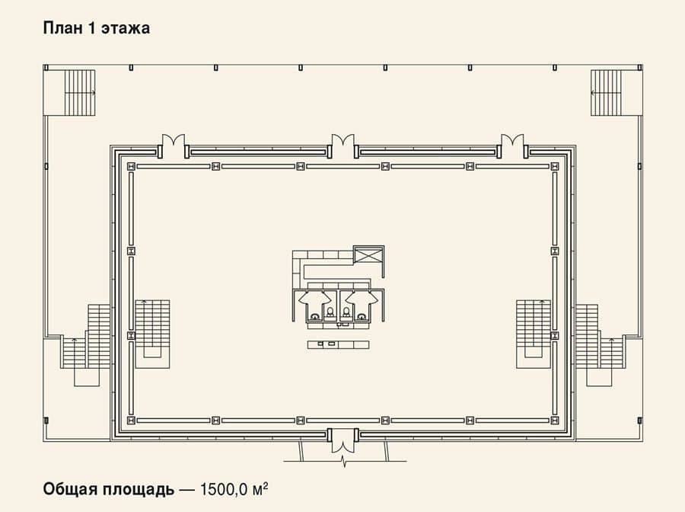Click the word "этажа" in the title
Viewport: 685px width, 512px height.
click(126, 29)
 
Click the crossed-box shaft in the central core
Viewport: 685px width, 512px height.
click(368, 254)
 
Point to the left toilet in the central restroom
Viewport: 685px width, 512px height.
click(330, 312)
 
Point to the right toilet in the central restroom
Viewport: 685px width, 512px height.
click(346, 312)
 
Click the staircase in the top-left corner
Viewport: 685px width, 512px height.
click(80, 93)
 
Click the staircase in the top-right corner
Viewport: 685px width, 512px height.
click(606, 93)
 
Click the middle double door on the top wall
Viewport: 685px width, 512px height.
click(343, 146)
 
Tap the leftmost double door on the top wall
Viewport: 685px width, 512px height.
click(174, 146)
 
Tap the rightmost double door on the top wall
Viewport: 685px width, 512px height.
click(512, 146)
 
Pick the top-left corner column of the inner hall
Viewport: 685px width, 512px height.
click(131, 167)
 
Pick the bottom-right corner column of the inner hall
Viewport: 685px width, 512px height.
click(555, 421)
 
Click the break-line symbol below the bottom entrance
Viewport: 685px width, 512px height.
click(345, 461)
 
